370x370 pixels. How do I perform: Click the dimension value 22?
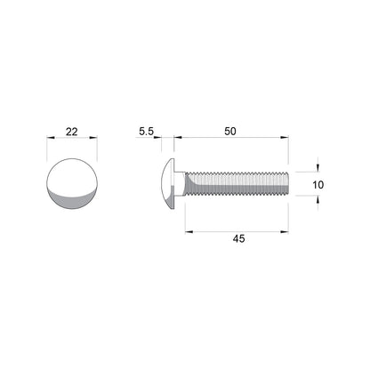72,132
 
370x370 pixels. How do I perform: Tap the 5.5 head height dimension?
147,132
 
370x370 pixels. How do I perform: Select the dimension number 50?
230,132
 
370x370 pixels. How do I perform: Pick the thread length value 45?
237,239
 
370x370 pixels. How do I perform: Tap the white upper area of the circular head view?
72,173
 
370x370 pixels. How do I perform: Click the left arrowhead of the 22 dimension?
48,139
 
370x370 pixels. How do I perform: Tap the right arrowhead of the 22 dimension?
96,139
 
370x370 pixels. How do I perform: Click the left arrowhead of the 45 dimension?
188,231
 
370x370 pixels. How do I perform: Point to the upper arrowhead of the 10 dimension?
318,168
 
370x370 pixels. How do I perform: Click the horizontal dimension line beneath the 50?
231,139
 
